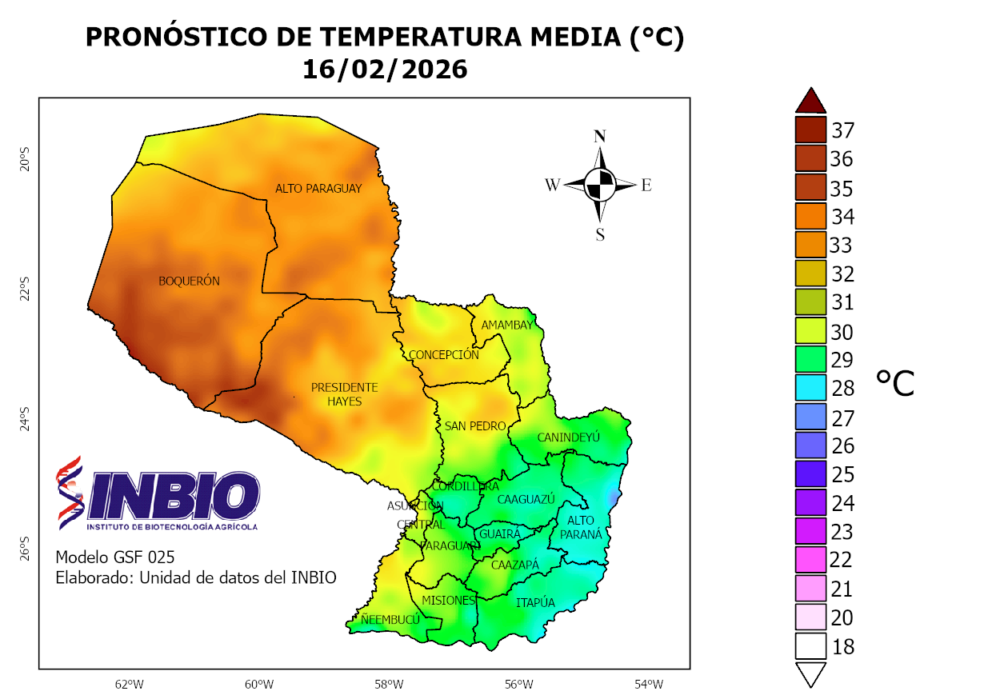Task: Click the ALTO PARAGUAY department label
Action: click(x=318, y=189)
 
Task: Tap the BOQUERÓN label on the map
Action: click(x=189, y=281)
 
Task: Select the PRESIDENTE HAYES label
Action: click(x=344, y=394)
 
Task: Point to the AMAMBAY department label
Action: click(x=506, y=326)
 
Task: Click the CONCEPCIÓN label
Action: click(x=443, y=355)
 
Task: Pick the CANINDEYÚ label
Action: click(x=568, y=437)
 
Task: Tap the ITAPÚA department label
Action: click(x=535, y=603)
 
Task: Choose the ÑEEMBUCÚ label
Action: click(x=390, y=620)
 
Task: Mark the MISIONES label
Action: click(x=448, y=600)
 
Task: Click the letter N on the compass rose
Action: click(x=599, y=136)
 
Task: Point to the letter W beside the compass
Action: click(x=552, y=186)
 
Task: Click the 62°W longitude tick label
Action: click(x=129, y=685)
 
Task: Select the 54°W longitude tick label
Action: click(x=649, y=685)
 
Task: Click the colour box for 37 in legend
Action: click(x=810, y=130)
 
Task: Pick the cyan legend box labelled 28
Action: click(x=810, y=388)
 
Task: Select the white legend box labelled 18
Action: click(x=810, y=646)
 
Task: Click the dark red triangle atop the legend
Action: click(x=810, y=101)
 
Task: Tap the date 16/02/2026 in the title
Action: click(x=384, y=70)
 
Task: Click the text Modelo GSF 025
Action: click(x=114, y=557)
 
